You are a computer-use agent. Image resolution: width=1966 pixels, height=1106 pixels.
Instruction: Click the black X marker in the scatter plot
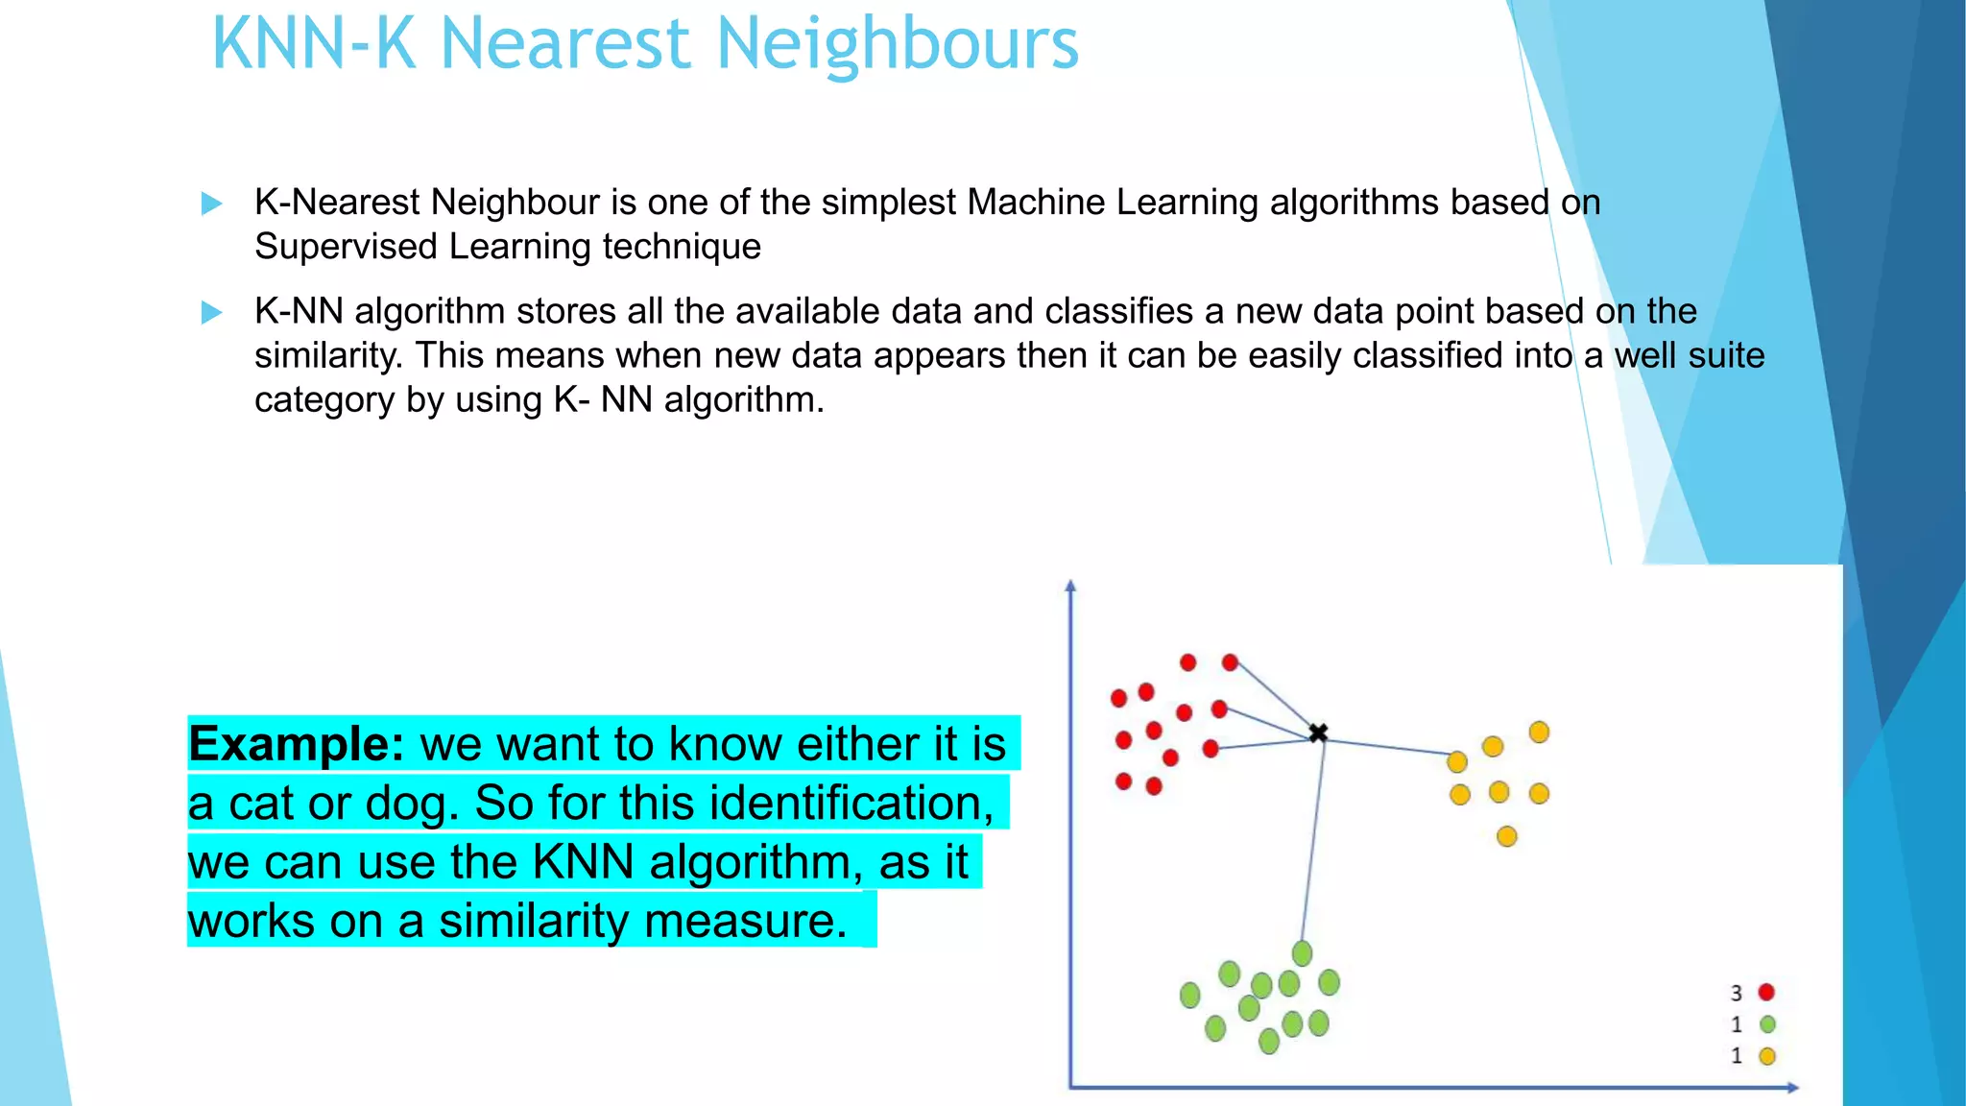[x=1318, y=733]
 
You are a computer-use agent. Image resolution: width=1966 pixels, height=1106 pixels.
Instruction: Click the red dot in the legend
[x=1766, y=993]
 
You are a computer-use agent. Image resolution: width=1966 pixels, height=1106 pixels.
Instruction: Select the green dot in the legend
[x=1767, y=1024]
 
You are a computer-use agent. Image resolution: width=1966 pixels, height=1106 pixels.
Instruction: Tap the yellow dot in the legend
[x=1767, y=1056]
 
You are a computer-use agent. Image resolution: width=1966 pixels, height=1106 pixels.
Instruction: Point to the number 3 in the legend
[x=1736, y=994]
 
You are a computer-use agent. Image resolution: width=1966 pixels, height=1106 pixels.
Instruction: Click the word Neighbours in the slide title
[x=898, y=44]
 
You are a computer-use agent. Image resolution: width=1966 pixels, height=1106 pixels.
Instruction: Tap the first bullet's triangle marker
[x=211, y=204]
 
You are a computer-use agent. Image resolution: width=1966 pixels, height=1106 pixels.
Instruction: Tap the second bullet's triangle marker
[x=211, y=313]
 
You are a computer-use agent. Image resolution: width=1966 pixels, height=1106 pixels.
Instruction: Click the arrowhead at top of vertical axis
[x=1071, y=585]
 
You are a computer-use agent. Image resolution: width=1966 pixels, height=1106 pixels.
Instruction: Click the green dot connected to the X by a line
[x=1302, y=953]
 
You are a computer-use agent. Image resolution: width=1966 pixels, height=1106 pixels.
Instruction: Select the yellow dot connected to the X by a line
[x=1457, y=762]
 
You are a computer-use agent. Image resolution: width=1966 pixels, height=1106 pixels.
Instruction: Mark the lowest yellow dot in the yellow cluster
[x=1507, y=837]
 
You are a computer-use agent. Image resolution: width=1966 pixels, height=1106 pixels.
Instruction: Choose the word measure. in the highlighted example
[x=746, y=921]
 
